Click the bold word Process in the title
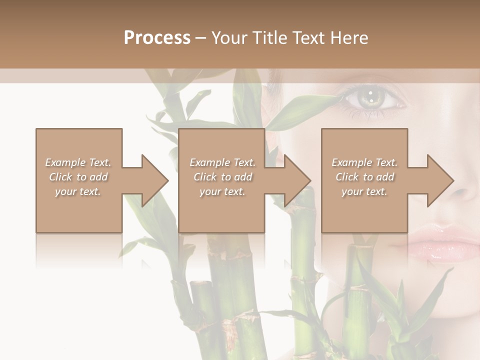pyautogui.click(x=157, y=38)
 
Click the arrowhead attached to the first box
pyautogui.click(x=150, y=180)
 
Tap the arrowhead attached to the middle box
pyautogui.click(x=292, y=180)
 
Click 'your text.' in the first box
pyautogui.click(x=78, y=191)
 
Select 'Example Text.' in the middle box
pyautogui.click(x=222, y=162)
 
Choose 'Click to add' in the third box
pyautogui.click(x=364, y=177)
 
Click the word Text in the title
pyautogui.click(x=307, y=38)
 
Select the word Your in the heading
pyautogui.click(x=228, y=38)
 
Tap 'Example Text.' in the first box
pyautogui.click(x=78, y=162)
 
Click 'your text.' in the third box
pyautogui.click(x=364, y=191)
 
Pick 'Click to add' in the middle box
pyautogui.click(x=222, y=177)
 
